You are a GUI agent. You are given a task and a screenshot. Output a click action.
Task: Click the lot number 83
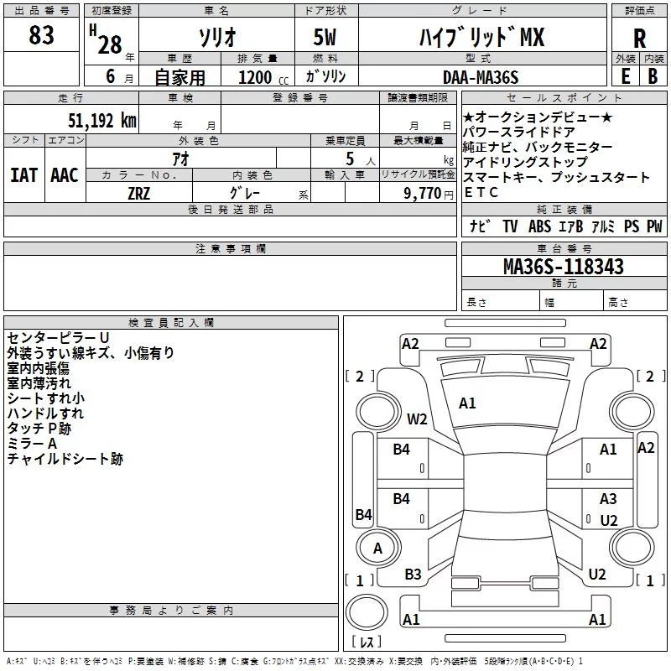click(41, 35)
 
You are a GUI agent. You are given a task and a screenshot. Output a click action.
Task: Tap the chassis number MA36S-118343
click(564, 267)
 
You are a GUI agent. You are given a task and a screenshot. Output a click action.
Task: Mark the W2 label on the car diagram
click(418, 419)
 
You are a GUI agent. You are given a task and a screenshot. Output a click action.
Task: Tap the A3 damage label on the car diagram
click(608, 499)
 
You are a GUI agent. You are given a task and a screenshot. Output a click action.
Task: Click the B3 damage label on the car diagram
click(413, 575)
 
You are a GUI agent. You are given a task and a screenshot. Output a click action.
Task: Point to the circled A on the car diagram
click(377, 549)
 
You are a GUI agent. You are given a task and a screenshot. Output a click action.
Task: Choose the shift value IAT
click(23, 175)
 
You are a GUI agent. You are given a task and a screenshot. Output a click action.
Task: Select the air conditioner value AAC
click(64, 175)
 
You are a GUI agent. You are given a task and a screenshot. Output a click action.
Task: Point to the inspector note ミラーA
click(32, 444)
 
